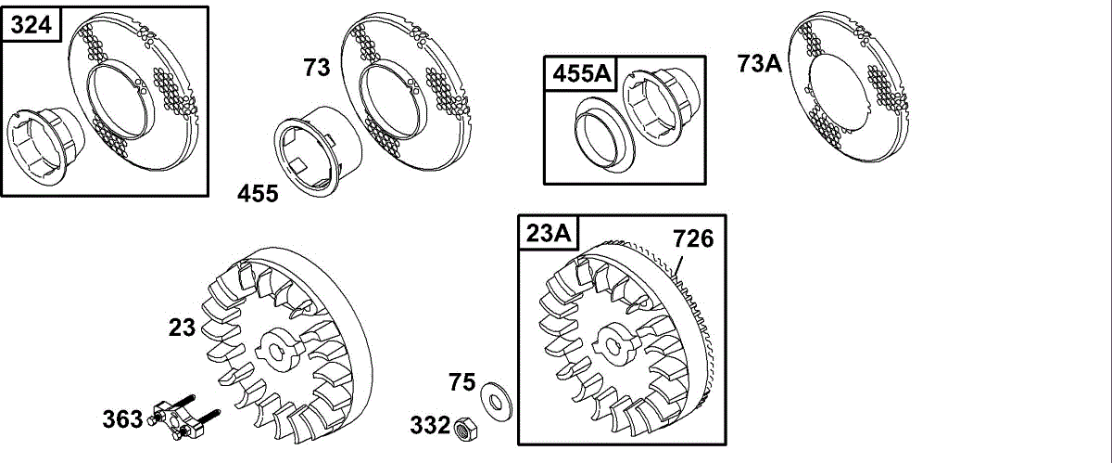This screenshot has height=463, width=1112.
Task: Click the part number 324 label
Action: pos(31,24)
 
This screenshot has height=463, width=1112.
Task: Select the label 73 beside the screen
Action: pos(317,68)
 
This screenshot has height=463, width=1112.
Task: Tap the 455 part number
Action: pos(258,193)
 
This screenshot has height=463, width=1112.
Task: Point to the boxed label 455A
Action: pos(581,73)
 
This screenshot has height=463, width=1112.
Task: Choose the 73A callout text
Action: pos(759,64)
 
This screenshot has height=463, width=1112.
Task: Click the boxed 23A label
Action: pos(548,233)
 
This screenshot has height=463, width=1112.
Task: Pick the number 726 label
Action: pos(693,238)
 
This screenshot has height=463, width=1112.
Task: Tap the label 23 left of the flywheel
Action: pos(182,328)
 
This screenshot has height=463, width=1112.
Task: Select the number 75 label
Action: pos(461,382)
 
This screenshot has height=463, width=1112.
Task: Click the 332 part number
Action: pos(430,425)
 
